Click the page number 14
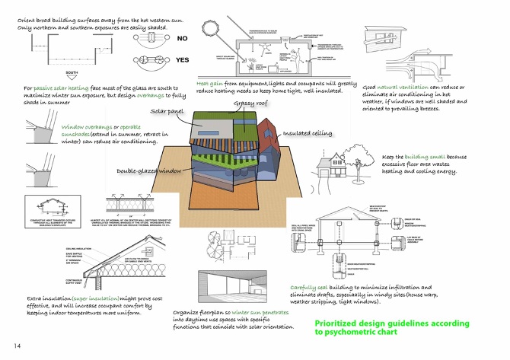click(x=7, y=346)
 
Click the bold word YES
click(x=183, y=59)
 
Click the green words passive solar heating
click(x=59, y=88)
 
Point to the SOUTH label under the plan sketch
click(x=72, y=74)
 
